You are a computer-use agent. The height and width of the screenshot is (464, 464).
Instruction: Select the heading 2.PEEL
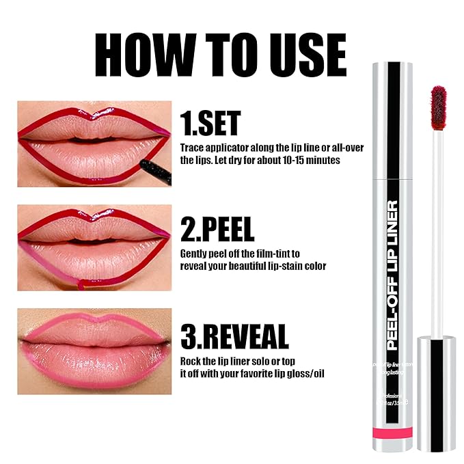(217, 228)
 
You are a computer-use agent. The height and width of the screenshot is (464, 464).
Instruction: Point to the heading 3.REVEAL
(234, 336)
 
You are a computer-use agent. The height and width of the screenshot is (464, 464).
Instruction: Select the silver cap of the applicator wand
(437, 392)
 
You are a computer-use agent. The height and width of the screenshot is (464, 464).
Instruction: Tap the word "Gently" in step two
(194, 253)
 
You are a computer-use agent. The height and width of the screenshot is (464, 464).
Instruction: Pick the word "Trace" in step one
(192, 147)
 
